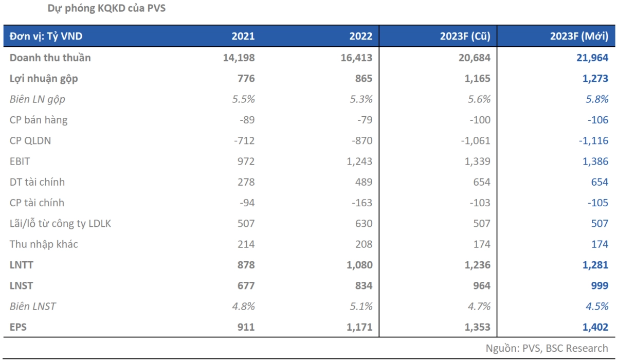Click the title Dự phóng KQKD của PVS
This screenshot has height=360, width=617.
click(106, 9)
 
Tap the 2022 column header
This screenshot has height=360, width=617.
click(360, 37)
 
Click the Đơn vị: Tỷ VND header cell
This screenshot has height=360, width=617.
click(46, 37)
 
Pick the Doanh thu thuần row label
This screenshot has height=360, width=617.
click(50, 58)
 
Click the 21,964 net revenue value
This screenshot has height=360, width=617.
click(592, 58)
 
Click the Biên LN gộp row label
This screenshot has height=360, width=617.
click(38, 99)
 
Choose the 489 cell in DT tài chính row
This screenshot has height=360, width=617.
click(363, 182)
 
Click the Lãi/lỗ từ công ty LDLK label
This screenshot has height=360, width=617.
click(60, 224)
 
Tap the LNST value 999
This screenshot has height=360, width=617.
click(598, 285)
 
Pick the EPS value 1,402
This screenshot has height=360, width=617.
click(593, 327)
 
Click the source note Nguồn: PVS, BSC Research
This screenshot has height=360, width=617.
click(547, 348)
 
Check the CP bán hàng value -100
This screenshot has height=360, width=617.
click(479, 120)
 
